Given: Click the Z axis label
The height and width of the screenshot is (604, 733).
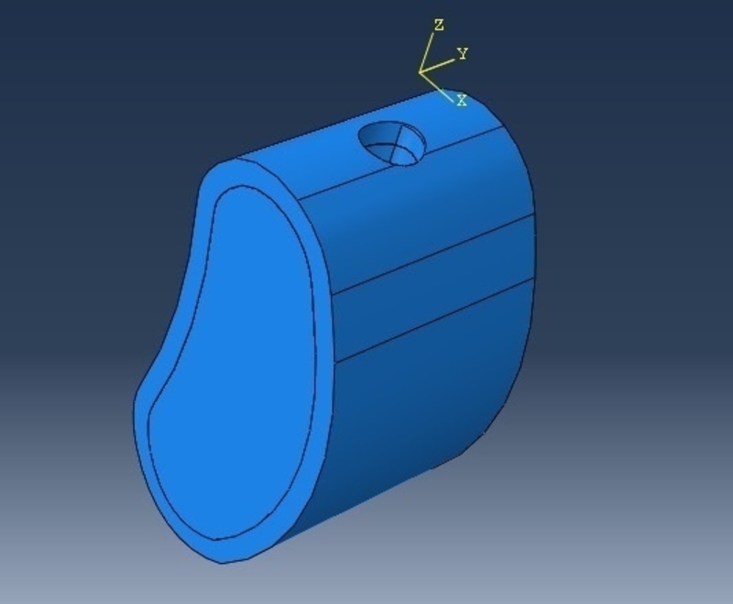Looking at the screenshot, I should pos(439,25).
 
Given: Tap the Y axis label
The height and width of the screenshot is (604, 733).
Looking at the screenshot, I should pos(463,54).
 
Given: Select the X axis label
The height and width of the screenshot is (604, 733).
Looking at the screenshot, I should pos(462,101).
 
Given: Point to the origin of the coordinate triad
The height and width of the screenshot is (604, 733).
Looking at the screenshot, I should pos(421,71).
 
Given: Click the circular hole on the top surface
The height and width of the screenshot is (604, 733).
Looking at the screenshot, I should pos(392,143).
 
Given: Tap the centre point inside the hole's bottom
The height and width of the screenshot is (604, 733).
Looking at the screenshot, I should pos(399,148).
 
